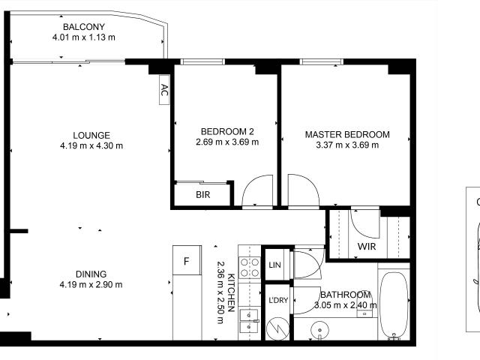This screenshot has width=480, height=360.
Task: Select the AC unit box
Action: (x=164, y=91)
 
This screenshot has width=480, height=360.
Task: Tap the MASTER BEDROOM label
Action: (x=346, y=135)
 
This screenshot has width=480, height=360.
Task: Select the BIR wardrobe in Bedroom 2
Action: (x=202, y=195)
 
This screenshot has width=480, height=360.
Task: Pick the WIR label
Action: (x=367, y=246)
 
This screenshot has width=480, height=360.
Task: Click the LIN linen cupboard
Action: (x=274, y=265)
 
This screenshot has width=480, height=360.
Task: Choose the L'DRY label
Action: (x=277, y=301)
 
